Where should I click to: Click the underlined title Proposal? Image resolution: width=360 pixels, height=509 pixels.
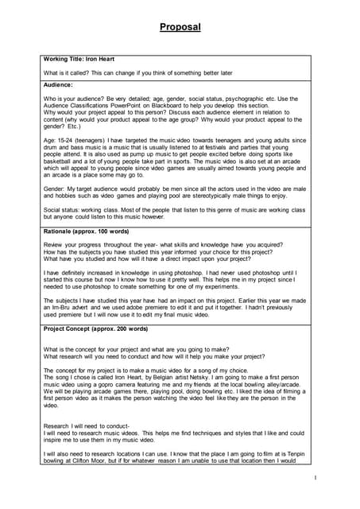[180, 27]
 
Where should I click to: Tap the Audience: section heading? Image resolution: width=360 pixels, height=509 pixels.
[59, 84]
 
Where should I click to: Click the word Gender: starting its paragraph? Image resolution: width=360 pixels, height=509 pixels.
[56, 192]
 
